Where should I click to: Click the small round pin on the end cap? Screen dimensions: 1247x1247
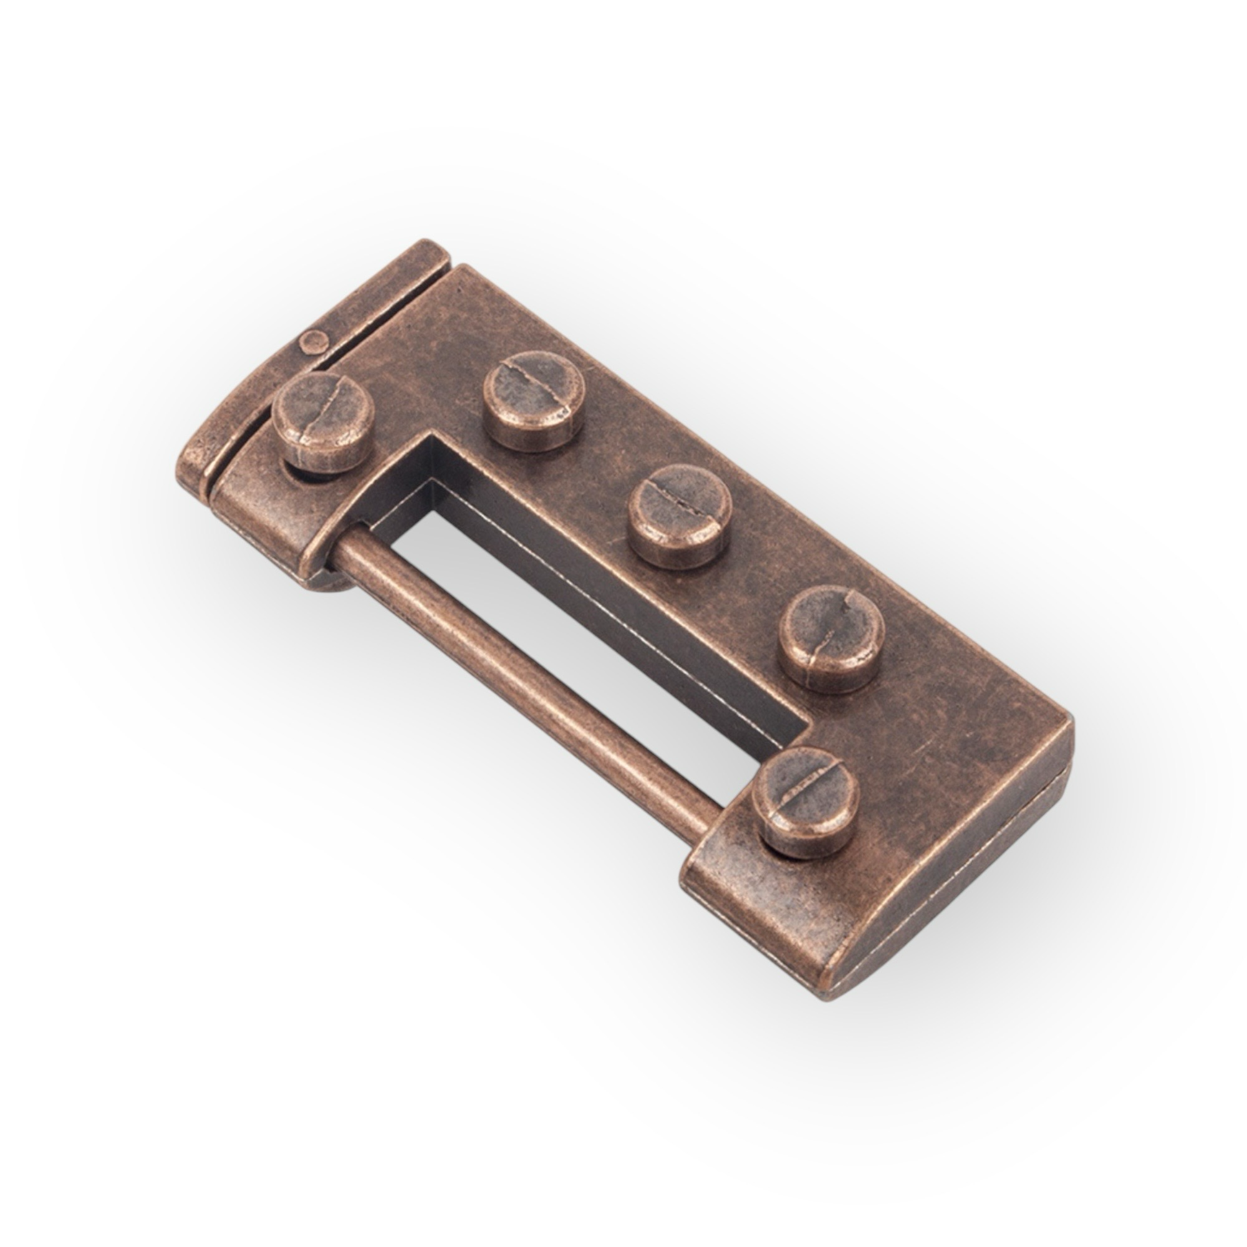[x=312, y=340]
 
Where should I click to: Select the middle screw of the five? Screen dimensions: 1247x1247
[x=680, y=515]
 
